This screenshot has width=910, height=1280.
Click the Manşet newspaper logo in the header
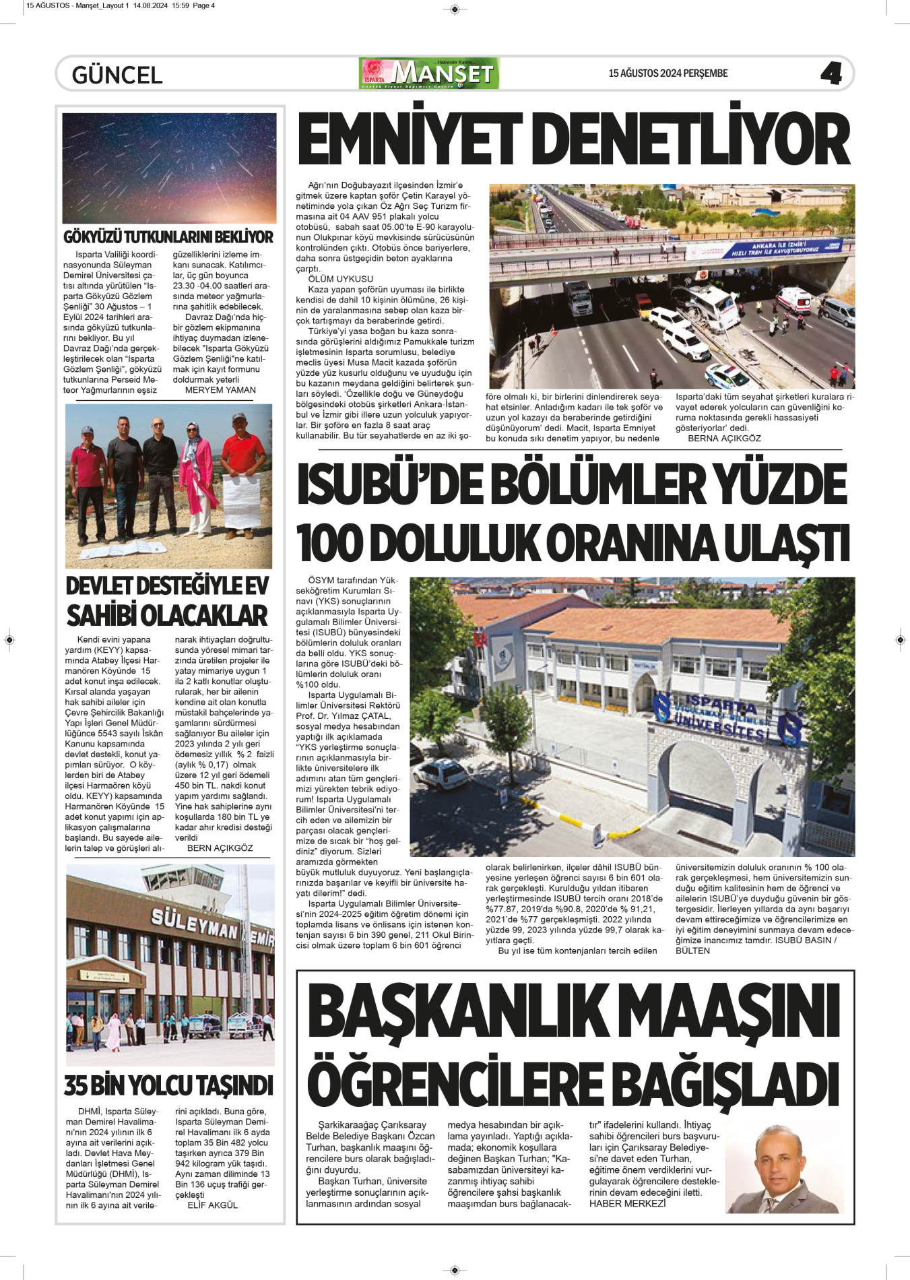(x=430, y=73)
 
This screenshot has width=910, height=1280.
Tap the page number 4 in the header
(x=831, y=73)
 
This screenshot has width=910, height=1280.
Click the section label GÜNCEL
(x=117, y=75)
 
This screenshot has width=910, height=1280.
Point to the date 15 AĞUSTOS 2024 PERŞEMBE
(x=668, y=73)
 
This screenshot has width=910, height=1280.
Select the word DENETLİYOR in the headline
(x=694, y=140)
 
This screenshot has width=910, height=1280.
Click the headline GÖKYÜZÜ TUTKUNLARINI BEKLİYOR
(x=168, y=237)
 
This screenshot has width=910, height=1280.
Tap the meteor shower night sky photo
(x=169, y=168)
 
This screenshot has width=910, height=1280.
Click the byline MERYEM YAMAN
(x=220, y=390)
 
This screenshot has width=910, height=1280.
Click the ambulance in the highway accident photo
(x=793, y=300)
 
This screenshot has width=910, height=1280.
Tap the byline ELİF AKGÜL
(x=212, y=1205)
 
